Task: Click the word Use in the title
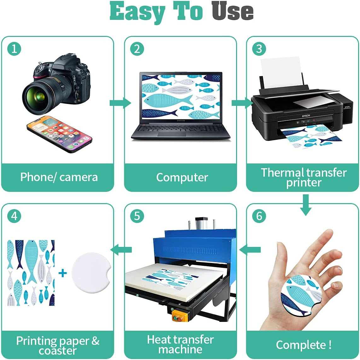point(232,11)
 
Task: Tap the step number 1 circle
point(14,49)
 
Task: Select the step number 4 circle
point(14,216)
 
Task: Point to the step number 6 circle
point(259,216)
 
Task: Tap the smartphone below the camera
point(60,134)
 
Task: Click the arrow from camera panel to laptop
point(120,103)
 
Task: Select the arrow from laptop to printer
point(242,103)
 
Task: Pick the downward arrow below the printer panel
point(306,205)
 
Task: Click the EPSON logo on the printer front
point(306,116)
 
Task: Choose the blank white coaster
point(91,273)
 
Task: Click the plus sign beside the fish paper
point(63,273)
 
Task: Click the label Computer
point(182,177)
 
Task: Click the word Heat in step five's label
point(158,340)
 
